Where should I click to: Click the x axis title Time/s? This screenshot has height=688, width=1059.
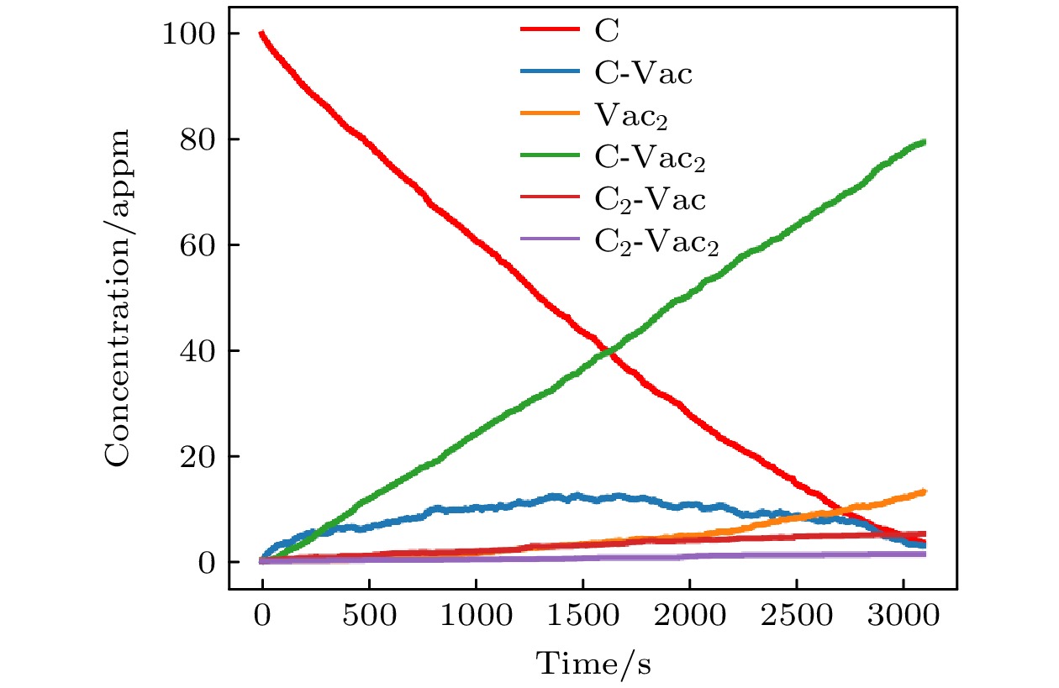(x=594, y=664)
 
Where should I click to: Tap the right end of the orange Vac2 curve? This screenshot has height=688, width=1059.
(x=925, y=491)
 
